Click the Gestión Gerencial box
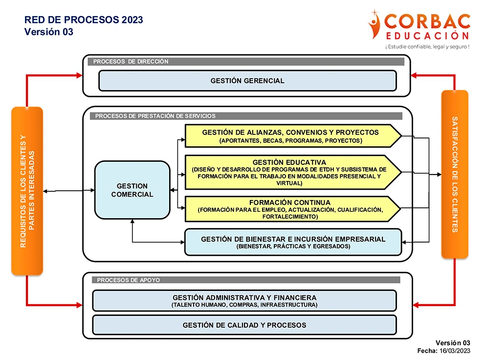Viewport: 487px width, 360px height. coord(247,81)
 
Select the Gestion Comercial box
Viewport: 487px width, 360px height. coord(132,190)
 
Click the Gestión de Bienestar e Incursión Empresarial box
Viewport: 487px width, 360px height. coord(293,242)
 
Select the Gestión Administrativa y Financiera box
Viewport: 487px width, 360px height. coord(244,301)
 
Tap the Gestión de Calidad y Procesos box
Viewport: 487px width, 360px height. coord(244,325)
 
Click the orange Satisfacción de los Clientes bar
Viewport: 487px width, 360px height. coord(455,174)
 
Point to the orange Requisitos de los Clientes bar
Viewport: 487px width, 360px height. coord(27,191)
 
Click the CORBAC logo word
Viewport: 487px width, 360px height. coord(428,22)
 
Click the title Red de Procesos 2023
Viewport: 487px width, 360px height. coord(84,20)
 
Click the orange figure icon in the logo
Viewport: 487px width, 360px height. coord(376,24)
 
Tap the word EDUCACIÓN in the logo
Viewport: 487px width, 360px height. coord(427,36)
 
